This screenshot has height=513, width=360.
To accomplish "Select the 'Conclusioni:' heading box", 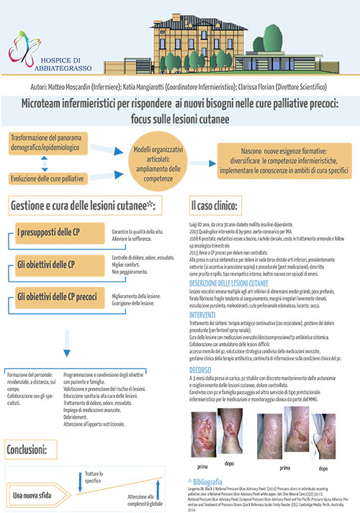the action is (x=29, y=450).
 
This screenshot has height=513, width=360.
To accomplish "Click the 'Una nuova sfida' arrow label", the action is (x=36, y=494).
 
